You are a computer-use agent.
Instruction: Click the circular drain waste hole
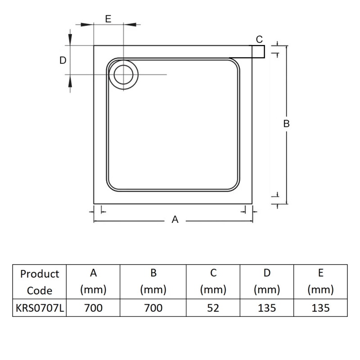pos(123,75)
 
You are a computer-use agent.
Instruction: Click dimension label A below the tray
pos(175,220)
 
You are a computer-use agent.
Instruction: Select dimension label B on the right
pos(286,124)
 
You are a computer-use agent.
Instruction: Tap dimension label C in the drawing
pos(259,40)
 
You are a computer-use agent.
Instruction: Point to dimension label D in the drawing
pos(63,60)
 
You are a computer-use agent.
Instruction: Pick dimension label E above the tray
pos(108,19)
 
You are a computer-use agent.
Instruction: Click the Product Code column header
pos(40,282)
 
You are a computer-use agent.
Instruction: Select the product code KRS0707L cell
pos(40,308)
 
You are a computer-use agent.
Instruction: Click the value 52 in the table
pos(213,308)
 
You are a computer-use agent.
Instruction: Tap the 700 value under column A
pos(93,308)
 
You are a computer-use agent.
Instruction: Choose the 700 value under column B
pos(153,308)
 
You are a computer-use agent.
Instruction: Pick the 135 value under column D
pos(267,308)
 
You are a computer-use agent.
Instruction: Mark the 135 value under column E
pos(320,308)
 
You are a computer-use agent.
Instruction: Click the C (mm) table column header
pos(213,281)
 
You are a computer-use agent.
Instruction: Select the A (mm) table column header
pos(93,281)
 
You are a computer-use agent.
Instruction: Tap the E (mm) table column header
pos(320,281)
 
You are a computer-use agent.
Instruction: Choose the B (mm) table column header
pos(153,281)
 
